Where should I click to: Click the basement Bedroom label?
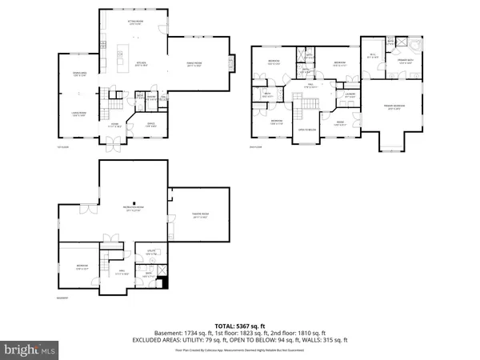(x=82, y=267)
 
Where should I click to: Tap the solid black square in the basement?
(x=165, y=282)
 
